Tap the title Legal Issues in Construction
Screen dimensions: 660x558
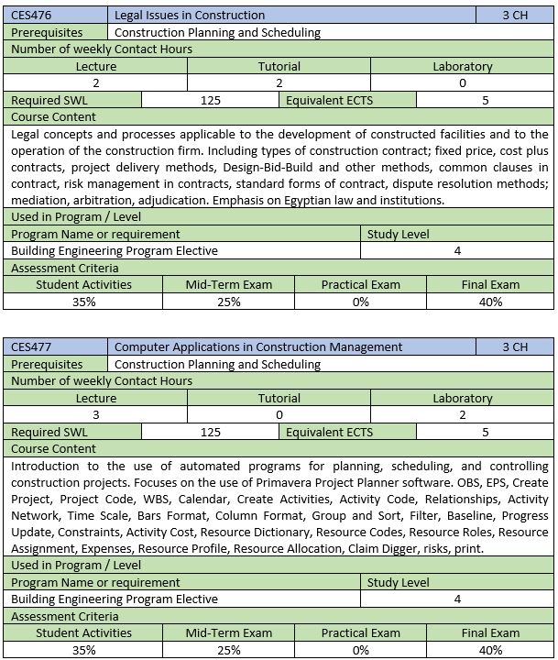click(x=190, y=15)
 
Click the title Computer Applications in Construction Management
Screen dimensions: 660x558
click(x=258, y=346)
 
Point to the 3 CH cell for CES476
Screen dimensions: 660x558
click(x=515, y=15)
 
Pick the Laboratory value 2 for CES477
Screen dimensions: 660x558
click(x=462, y=414)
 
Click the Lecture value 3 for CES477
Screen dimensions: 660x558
click(x=96, y=414)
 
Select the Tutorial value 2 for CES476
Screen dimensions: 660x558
click(x=279, y=82)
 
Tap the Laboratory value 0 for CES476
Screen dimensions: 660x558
click(x=462, y=82)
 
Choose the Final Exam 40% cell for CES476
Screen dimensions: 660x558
click(x=490, y=301)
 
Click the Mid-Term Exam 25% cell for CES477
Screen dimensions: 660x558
click(x=228, y=650)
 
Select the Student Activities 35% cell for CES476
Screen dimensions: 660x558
click(x=83, y=301)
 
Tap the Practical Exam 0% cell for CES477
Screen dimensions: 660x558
click(x=360, y=650)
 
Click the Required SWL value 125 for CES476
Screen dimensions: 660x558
click(x=210, y=100)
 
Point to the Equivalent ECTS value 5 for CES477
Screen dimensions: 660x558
click(x=486, y=432)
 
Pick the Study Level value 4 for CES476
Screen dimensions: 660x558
click(x=457, y=250)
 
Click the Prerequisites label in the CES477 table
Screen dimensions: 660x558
click(x=47, y=364)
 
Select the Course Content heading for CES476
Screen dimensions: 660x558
click(x=54, y=116)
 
